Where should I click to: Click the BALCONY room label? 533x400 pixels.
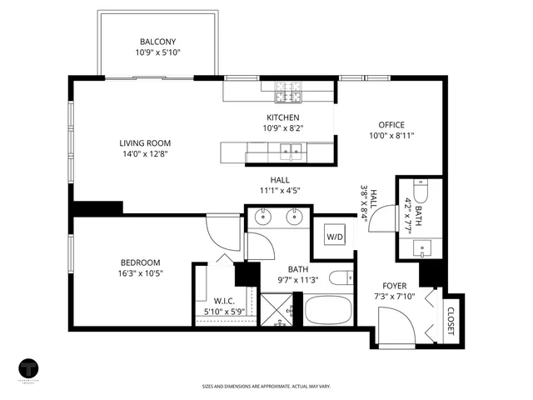(158, 42)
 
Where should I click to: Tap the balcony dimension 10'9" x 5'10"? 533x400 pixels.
(158, 52)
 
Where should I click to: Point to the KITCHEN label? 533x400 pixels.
(282, 117)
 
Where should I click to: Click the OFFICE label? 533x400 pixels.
(391, 125)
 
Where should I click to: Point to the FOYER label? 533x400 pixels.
(394, 286)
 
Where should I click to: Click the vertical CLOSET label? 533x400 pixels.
(451, 320)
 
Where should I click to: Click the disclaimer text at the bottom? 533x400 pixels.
(266, 386)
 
